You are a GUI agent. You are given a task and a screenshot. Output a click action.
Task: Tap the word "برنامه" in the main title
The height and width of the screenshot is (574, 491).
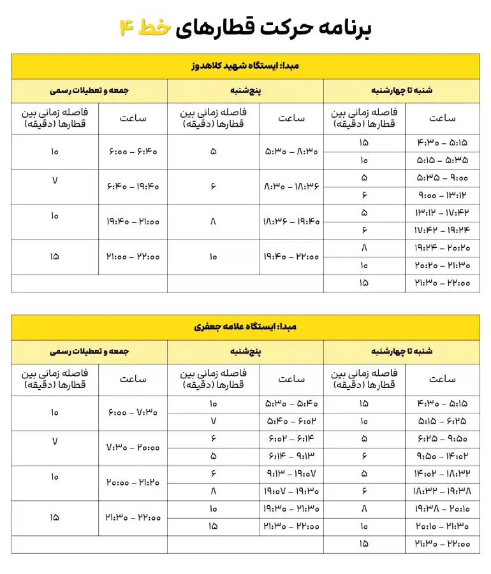click(x=348, y=27)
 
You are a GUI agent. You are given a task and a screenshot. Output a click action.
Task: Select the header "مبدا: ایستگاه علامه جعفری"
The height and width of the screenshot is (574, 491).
click(x=246, y=327)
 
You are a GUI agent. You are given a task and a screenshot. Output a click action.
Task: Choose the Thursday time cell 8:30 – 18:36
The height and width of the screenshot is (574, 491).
click(x=291, y=187)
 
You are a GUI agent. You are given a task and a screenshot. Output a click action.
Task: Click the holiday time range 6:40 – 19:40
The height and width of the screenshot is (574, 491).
click(x=133, y=187)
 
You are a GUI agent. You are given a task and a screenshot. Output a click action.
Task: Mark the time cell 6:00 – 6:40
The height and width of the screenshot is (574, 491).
click(x=133, y=152)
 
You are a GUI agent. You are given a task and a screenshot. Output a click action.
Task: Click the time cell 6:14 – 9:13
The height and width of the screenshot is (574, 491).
click(x=291, y=456)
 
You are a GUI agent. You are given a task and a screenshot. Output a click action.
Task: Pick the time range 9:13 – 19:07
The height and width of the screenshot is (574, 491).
click(x=291, y=473)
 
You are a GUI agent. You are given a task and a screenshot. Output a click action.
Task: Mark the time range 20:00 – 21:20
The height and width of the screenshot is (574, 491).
click(x=133, y=482)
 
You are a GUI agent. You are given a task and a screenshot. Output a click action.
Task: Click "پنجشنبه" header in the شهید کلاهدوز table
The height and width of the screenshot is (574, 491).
click(x=246, y=90)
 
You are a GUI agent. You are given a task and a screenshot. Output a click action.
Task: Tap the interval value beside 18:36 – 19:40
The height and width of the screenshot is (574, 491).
click(x=213, y=222)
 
